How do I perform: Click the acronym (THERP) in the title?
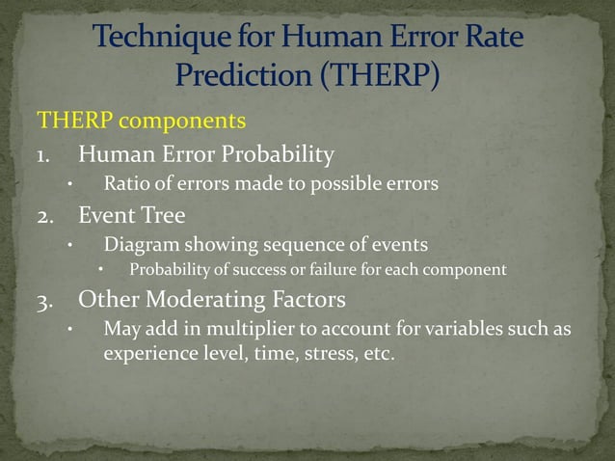379,74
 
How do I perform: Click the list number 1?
44,154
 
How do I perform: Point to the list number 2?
45,217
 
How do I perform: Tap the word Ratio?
126,184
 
